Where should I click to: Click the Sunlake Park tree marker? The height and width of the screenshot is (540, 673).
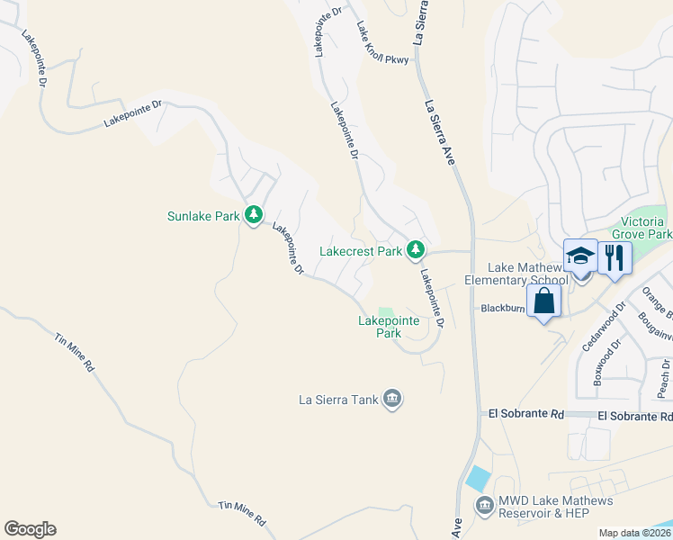coord(255,215)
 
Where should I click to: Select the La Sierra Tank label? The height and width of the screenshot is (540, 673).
coord(337,399)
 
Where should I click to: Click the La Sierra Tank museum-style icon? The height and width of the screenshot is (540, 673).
coord(391,399)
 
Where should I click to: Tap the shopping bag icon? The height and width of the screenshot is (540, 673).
coord(544,301)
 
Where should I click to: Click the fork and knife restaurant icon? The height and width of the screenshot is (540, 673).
coord(615,257)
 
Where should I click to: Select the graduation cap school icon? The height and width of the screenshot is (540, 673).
coord(580,258)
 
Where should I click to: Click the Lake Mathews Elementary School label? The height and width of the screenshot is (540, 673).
coord(528,274)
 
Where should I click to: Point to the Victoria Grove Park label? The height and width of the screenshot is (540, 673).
coord(647,228)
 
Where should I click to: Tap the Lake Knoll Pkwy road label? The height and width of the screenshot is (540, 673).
coord(382,44)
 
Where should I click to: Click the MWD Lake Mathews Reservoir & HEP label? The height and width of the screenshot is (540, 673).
coord(558,507)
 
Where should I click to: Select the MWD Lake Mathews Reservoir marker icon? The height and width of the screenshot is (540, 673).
coord(485,506)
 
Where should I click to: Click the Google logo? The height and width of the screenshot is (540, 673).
coord(30,529)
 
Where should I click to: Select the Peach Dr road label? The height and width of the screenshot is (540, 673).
coord(664,378)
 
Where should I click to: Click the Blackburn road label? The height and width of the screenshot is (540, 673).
coord(502,308)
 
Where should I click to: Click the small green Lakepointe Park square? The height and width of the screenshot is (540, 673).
coord(385,311)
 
